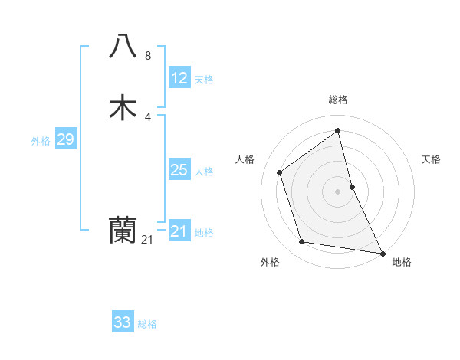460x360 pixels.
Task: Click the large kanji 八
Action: tap(123, 46)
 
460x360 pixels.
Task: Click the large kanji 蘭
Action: tap(123, 229)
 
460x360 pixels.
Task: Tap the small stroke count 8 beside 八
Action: tap(148, 55)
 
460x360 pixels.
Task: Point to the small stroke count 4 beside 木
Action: tap(148, 116)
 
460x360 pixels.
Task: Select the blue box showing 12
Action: tap(179, 78)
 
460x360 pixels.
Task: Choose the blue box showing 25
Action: tap(179, 170)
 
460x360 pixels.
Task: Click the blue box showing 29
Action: tap(65, 139)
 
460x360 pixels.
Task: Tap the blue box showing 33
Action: tap(123, 322)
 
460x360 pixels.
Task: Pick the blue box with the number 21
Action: tap(179, 231)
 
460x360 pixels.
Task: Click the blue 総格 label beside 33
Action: tap(147, 324)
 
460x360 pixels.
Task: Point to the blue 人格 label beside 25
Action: tap(205, 172)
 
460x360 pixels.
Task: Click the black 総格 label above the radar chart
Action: tap(338, 100)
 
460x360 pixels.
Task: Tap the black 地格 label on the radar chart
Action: tap(402, 262)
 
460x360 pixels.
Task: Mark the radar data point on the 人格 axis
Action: tap(280, 172)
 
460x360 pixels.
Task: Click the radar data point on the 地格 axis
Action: tap(382, 253)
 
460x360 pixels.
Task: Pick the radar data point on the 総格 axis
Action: tap(338, 130)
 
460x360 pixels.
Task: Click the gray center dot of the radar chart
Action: tap(338, 191)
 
